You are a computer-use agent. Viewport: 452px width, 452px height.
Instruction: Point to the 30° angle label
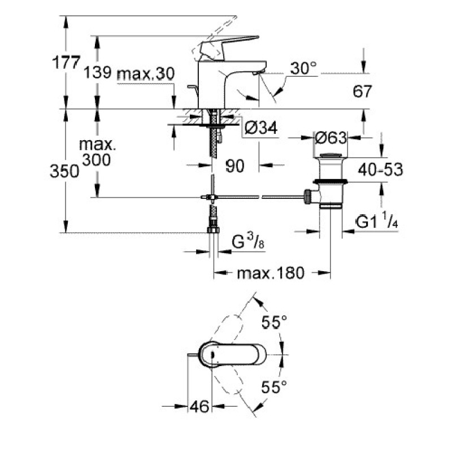tap(303, 69)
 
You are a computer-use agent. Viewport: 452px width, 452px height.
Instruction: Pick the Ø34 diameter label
tap(262, 129)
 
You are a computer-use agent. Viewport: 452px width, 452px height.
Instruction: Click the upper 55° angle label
tap(275, 322)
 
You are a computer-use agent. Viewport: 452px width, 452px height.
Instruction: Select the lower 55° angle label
tap(275, 386)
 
